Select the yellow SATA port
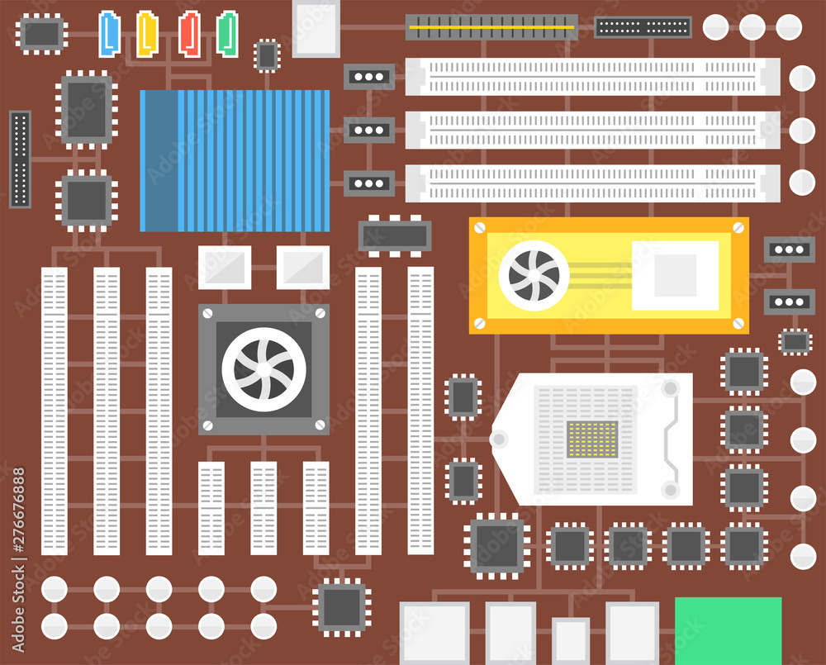(147, 33)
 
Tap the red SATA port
(189, 33)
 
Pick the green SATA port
(227, 33)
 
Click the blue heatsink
(235, 160)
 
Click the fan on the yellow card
(534, 275)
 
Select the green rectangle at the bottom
(728, 629)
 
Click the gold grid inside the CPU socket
(592, 439)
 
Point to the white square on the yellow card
(675, 275)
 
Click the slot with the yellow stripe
(491, 26)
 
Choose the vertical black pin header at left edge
(20, 159)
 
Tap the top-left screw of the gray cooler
(207, 314)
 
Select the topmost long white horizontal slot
(592, 76)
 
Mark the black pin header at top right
(643, 26)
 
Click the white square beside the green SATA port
(316, 28)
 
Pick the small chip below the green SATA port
(266, 55)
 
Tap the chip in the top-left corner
(43, 33)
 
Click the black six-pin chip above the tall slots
(395, 235)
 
